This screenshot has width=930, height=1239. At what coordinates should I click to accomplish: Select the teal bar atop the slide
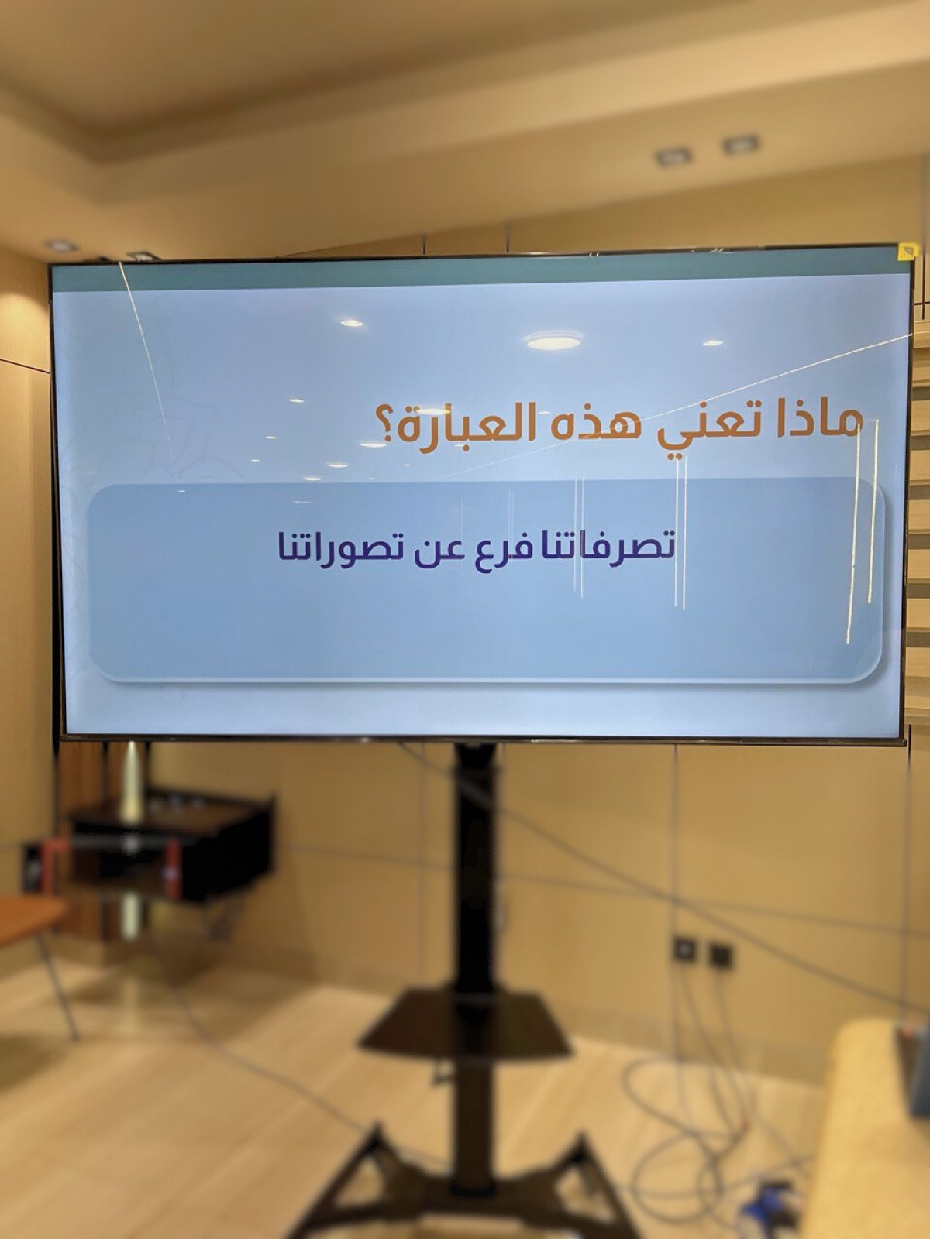point(480,276)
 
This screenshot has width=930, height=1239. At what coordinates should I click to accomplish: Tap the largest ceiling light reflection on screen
point(553,339)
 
